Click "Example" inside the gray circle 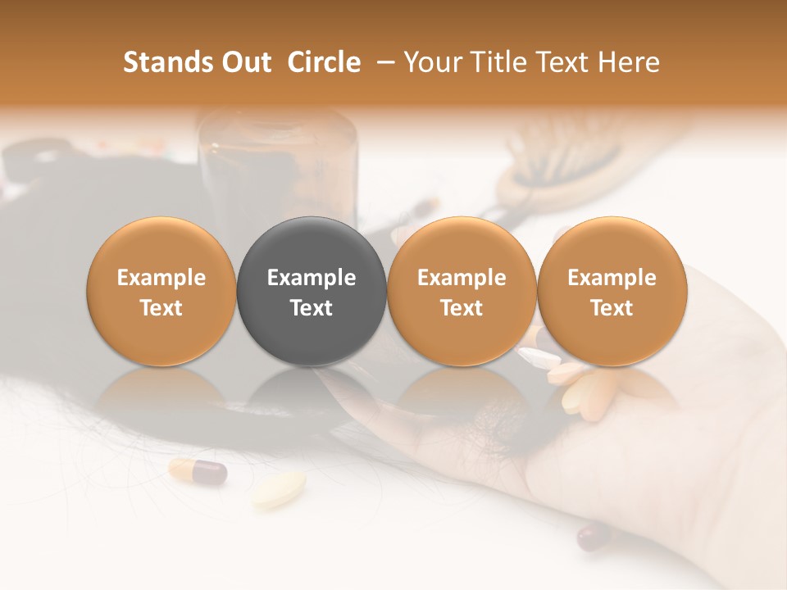312,278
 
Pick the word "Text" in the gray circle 312,308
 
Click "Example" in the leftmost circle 161,278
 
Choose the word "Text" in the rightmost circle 612,308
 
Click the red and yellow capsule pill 198,471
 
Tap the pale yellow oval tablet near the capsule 279,489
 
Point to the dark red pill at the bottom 593,538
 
